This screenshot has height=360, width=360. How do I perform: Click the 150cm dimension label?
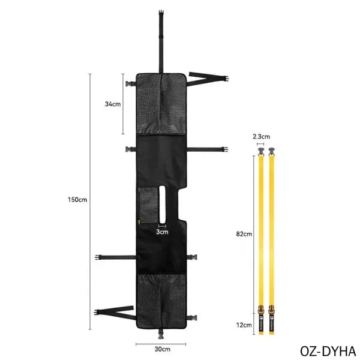77,200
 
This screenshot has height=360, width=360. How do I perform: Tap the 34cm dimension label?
113,104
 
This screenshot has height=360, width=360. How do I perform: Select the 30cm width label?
163,349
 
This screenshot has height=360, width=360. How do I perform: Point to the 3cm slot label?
162,232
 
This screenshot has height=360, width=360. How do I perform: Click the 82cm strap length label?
244,234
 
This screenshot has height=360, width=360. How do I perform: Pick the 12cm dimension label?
244,325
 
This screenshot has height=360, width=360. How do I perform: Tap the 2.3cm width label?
261,137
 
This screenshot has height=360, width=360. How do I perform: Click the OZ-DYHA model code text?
328,351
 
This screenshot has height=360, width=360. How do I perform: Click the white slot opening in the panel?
162,205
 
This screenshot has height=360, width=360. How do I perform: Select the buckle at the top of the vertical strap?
161,13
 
